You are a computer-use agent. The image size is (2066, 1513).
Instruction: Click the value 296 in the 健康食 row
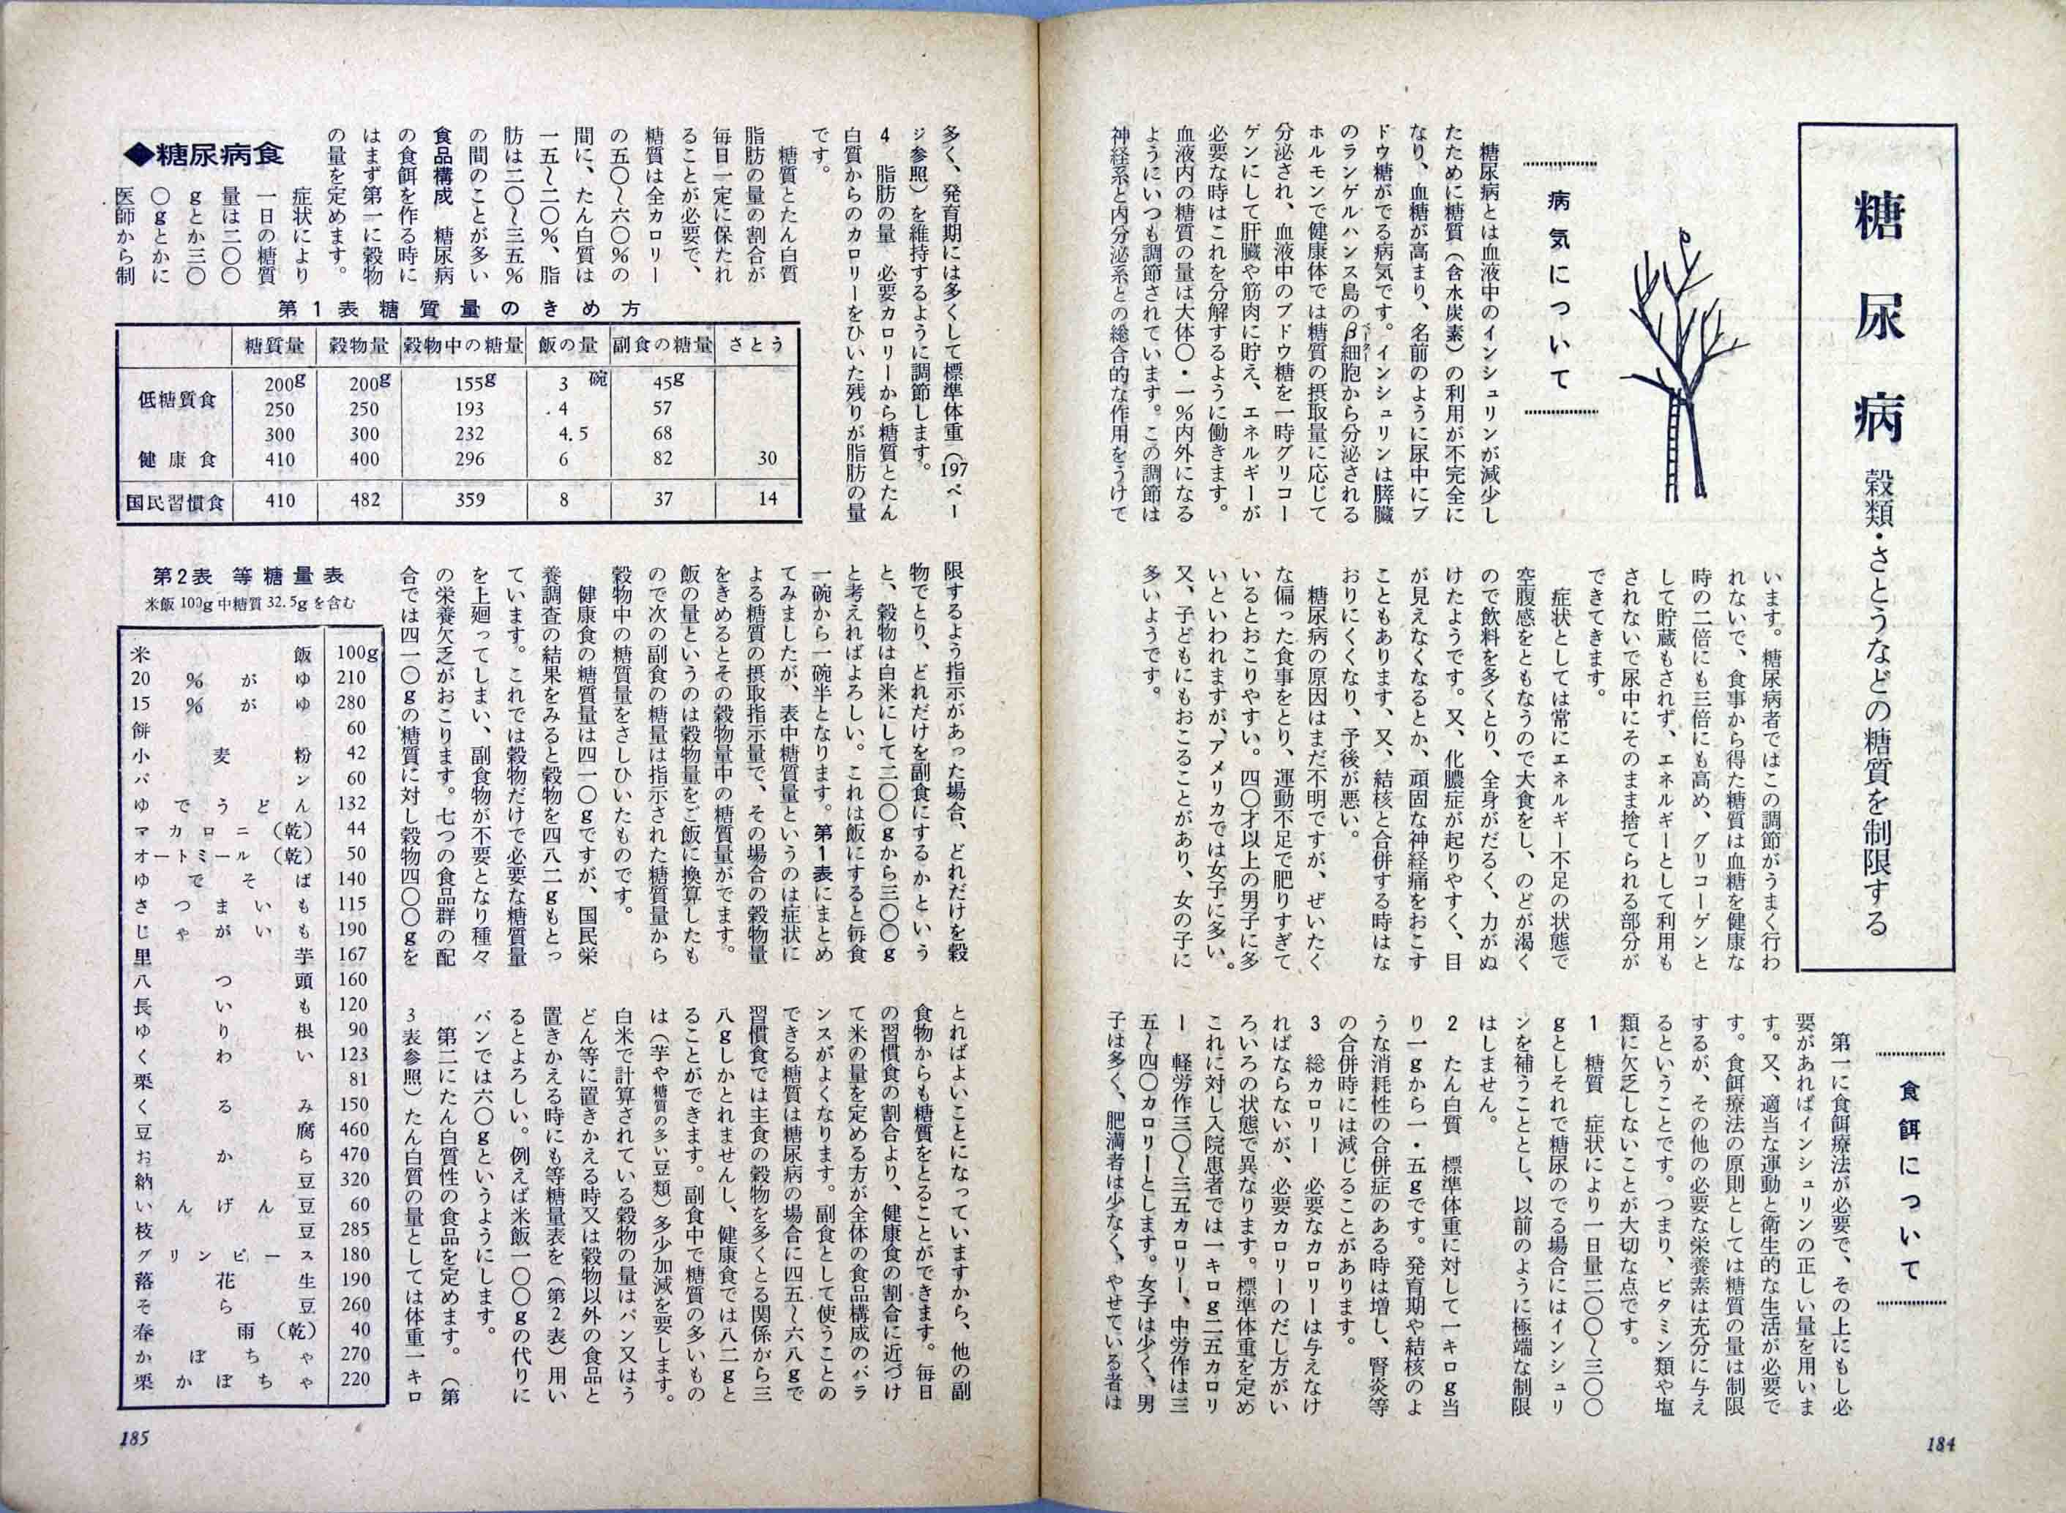469,459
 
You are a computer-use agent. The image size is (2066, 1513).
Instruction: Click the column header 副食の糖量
662,346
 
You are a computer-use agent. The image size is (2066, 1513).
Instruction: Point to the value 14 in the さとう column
768,499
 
